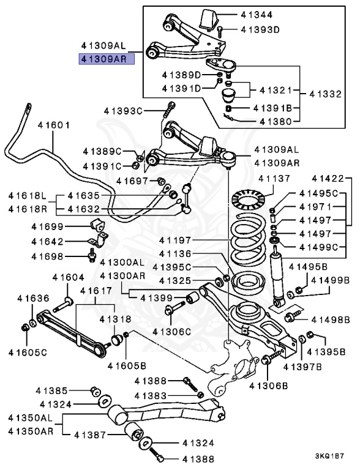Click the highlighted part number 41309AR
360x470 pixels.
point(102,59)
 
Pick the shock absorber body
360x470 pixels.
point(278,275)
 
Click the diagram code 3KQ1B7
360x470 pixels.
point(329,456)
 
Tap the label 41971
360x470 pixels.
point(314,207)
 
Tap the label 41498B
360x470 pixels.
point(330,319)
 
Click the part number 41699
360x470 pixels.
point(48,227)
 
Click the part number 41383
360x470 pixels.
point(151,395)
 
